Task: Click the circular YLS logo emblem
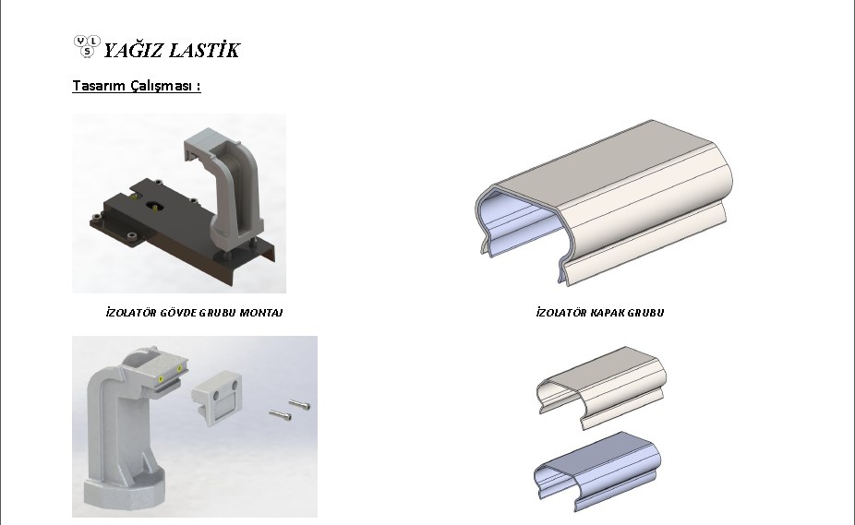87,47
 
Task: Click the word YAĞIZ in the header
133,50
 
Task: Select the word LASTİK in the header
204,50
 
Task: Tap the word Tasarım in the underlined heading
99,86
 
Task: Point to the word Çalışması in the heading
162,86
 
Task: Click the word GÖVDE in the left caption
178,313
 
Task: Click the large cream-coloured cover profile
604,201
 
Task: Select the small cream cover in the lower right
601,388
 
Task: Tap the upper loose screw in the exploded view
299,404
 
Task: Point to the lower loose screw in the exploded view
280,415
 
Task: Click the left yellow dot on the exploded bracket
161,379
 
